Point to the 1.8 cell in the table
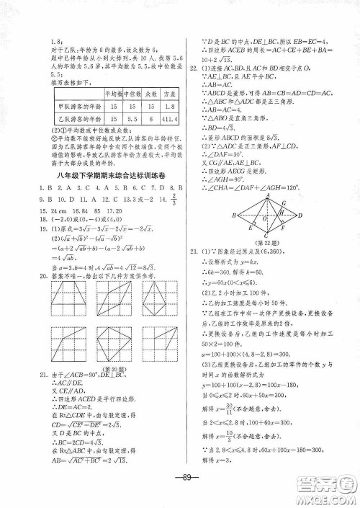pos(167,106)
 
